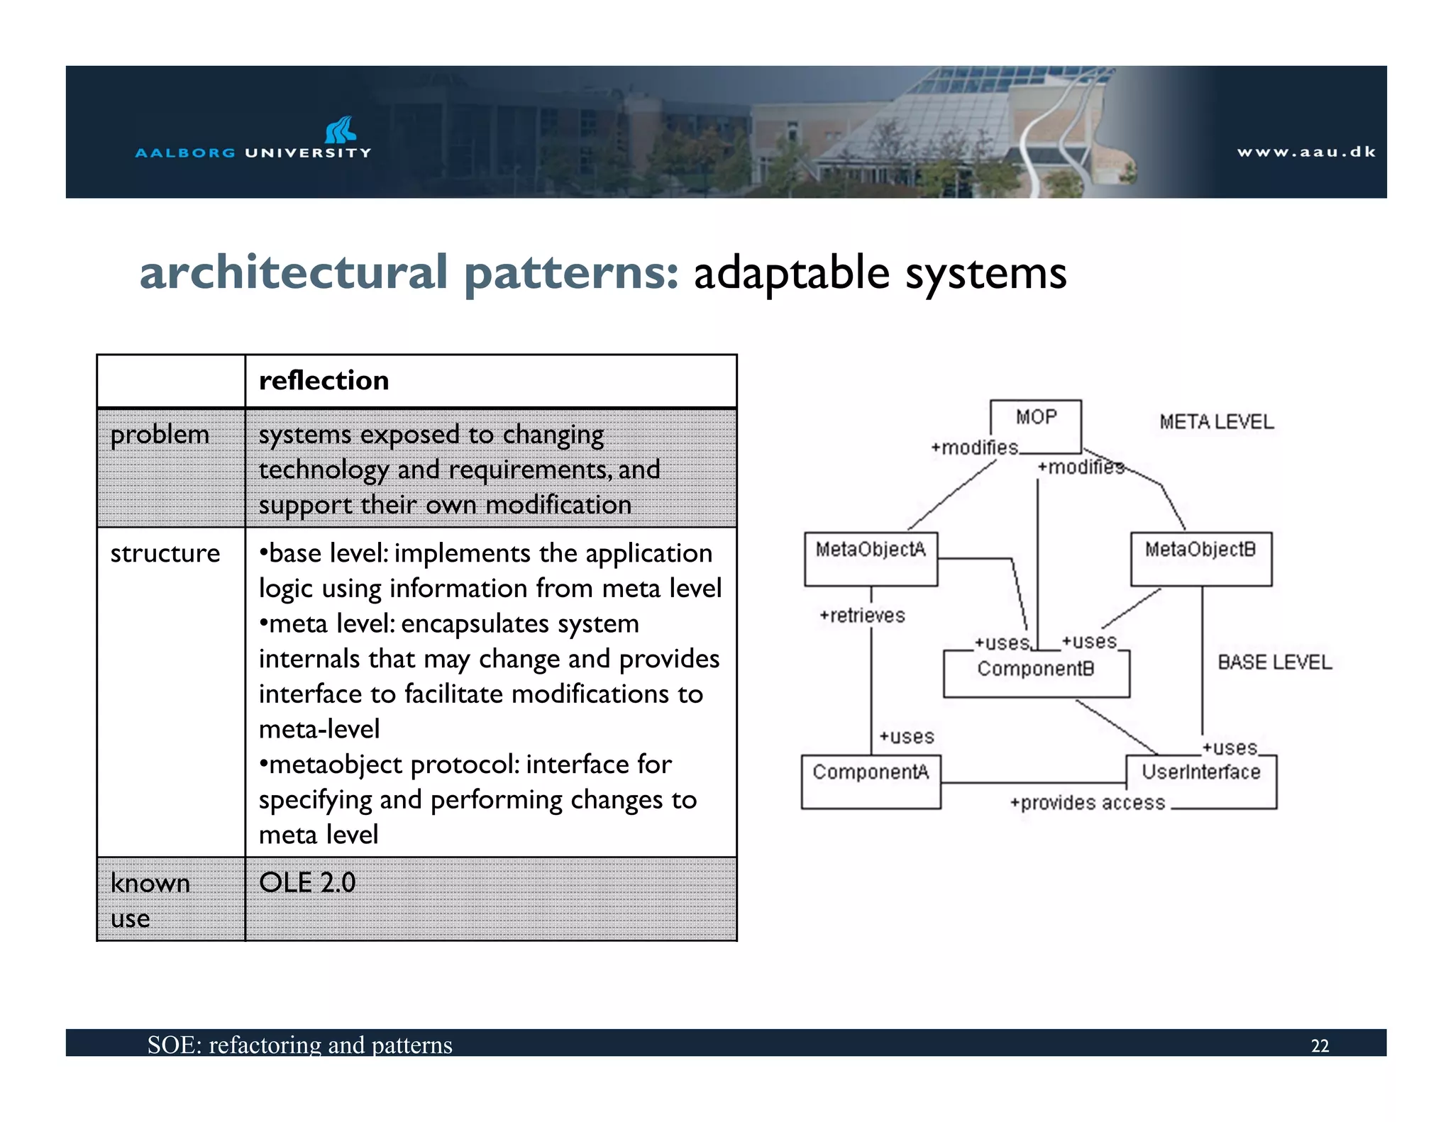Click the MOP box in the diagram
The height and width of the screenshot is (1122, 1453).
point(1035,426)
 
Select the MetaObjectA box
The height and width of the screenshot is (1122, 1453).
point(871,558)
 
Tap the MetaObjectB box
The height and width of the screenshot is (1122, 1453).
point(1200,558)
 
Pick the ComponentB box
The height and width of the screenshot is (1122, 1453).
point(1036,673)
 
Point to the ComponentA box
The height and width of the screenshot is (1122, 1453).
point(871,781)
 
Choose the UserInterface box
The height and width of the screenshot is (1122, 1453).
point(1201,781)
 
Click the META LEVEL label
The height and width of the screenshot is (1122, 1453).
point(1216,422)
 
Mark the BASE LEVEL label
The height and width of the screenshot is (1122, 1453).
point(1274,662)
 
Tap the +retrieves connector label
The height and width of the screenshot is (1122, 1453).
point(862,616)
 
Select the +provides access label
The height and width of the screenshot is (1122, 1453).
point(1088,803)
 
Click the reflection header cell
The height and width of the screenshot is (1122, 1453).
point(324,381)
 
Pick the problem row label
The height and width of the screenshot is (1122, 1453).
point(160,435)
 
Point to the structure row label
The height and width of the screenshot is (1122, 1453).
point(165,553)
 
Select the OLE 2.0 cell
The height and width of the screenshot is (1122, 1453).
point(307,883)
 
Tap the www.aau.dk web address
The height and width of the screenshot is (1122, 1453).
point(1306,152)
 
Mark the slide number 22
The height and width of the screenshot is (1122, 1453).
point(1320,1046)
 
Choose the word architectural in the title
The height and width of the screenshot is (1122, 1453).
point(294,273)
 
